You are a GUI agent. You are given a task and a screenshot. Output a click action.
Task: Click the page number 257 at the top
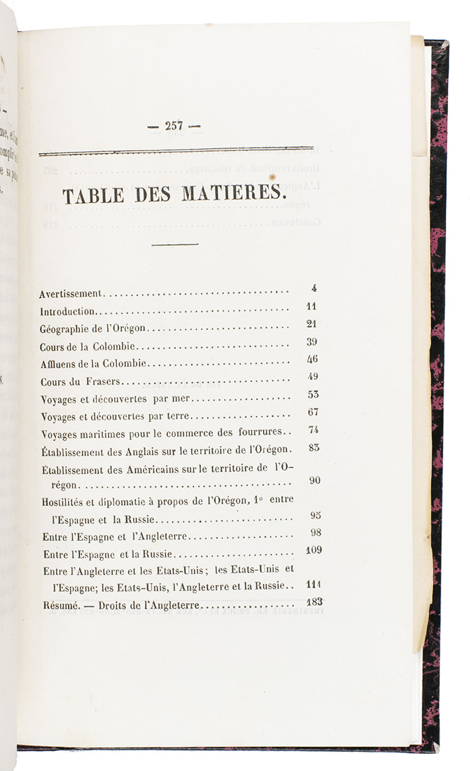click(x=174, y=125)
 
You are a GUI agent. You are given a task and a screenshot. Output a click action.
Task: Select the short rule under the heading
click(x=175, y=245)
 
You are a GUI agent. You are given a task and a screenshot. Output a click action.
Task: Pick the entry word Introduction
click(x=67, y=311)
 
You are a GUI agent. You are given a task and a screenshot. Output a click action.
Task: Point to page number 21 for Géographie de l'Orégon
click(x=312, y=324)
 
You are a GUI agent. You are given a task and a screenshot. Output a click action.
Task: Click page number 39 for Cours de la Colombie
click(x=312, y=342)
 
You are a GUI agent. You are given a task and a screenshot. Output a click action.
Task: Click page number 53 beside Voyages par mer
click(x=313, y=395)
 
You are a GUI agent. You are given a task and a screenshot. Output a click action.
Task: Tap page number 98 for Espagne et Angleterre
click(x=315, y=532)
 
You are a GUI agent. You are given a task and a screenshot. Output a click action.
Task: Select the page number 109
click(x=314, y=550)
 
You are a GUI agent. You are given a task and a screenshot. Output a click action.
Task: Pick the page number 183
click(x=314, y=602)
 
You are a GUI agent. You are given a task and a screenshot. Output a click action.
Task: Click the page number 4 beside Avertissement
click(x=314, y=289)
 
